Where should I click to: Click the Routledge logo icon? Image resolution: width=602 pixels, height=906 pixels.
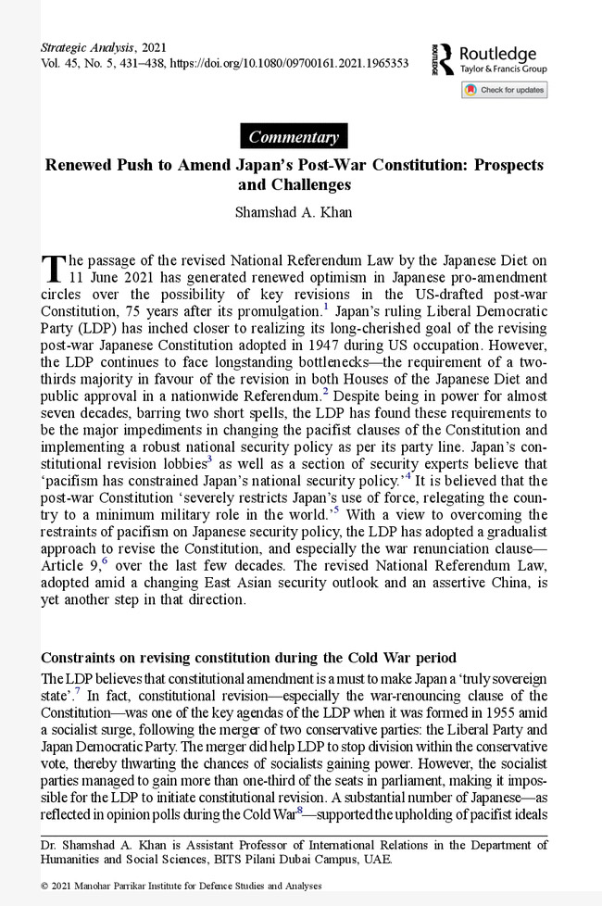pyautogui.click(x=442, y=58)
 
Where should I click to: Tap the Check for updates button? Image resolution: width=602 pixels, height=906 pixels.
pyautogui.click(x=504, y=90)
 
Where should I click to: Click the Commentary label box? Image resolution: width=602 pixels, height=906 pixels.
pyautogui.click(x=294, y=136)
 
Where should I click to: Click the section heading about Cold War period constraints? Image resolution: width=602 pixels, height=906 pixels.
pyautogui.click(x=249, y=659)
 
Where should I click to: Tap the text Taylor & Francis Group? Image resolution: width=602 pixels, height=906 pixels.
pyautogui.click(x=503, y=69)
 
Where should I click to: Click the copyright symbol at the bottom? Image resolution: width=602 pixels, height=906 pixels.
pyautogui.click(x=44, y=886)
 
